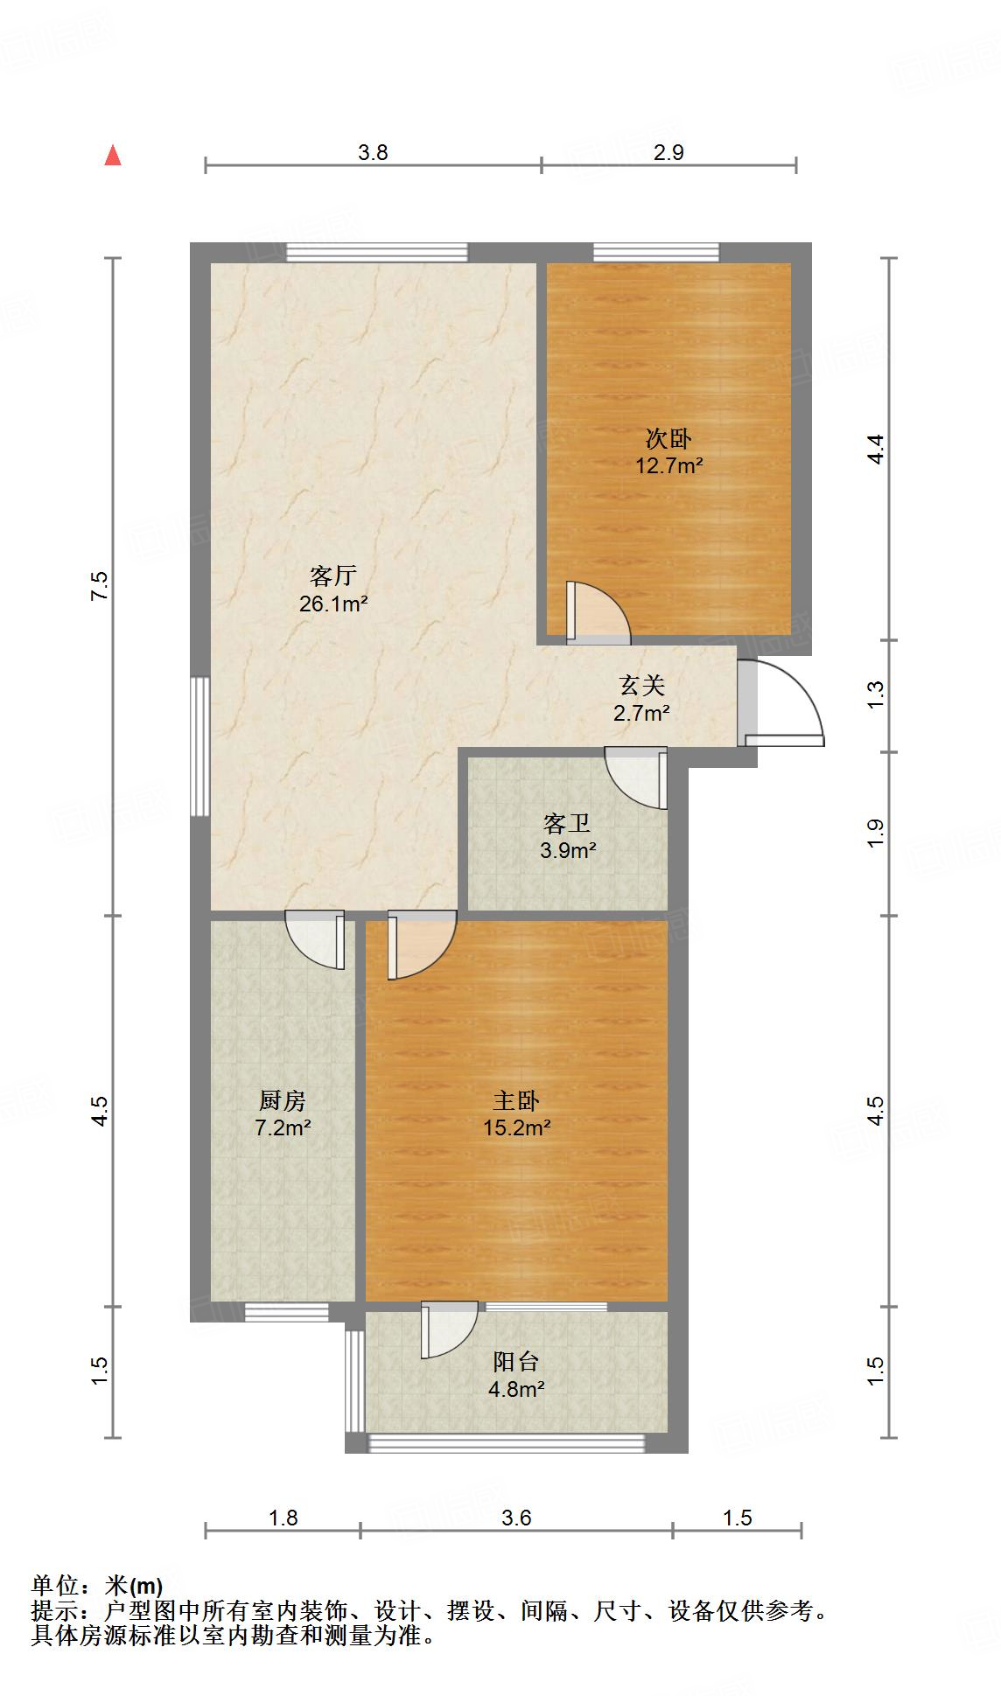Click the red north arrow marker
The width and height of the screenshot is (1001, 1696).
point(112,155)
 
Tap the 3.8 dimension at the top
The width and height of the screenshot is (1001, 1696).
point(373,152)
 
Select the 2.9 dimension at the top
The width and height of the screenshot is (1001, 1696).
point(668,152)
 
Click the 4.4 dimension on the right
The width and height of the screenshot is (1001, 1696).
point(876,449)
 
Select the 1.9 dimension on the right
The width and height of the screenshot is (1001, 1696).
point(876,832)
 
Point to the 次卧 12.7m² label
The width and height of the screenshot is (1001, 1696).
point(669,451)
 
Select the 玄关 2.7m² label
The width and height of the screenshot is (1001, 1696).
point(642,699)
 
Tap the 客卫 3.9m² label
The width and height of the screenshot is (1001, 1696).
point(568,836)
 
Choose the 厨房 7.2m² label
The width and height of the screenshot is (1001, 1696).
point(283,1113)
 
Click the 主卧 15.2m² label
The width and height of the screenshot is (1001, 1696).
point(516,1113)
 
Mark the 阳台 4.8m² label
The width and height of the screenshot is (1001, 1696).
point(516,1374)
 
